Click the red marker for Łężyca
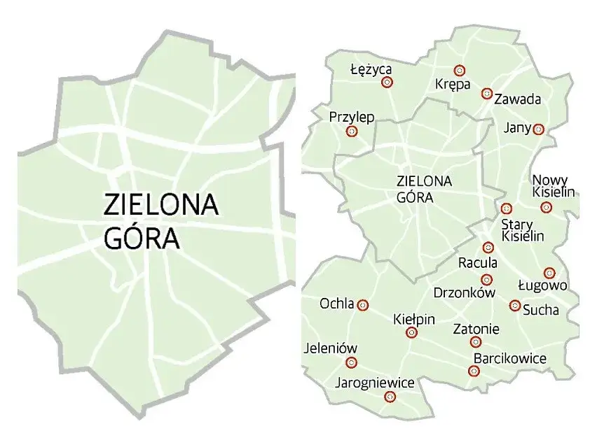[x=386, y=83]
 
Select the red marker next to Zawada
[x=486, y=94]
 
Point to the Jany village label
[x=517, y=127]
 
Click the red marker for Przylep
[x=352, y=131]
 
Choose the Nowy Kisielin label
[x=554, y=186]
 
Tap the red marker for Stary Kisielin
[x=507, y=208]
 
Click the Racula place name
[x=477, y=263]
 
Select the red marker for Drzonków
[x=488, y=280]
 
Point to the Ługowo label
[x=542, y=285]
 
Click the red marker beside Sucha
[x=515, y=306]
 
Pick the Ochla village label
[x=336, y=304]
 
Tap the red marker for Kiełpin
[x=411, y=333]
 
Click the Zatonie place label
[x=476, y=329]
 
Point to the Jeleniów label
[x=331, y=348]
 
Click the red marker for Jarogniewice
[x=390, y=397]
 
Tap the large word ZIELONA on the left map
[x=161, y=205]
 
